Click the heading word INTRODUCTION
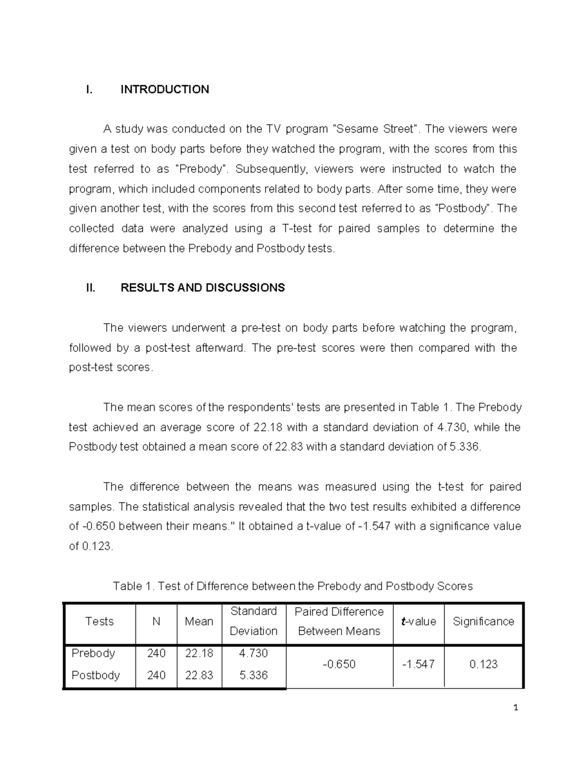pos(165,90)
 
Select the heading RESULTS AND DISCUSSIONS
pos(203,288)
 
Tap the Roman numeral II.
pos(90,288)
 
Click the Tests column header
pos(99,622)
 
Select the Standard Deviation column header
pos(253,622)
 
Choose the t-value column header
pos(418,622)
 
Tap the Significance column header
pos(483,622)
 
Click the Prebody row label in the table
pos(93,653)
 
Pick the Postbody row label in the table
pos(95,675)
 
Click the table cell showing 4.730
pos(253,653)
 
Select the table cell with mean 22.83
pos(199,675)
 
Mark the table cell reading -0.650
pos(339,665)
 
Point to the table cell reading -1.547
pos(418,665)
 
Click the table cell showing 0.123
pos(483,665)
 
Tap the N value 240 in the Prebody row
pos(156,653)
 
